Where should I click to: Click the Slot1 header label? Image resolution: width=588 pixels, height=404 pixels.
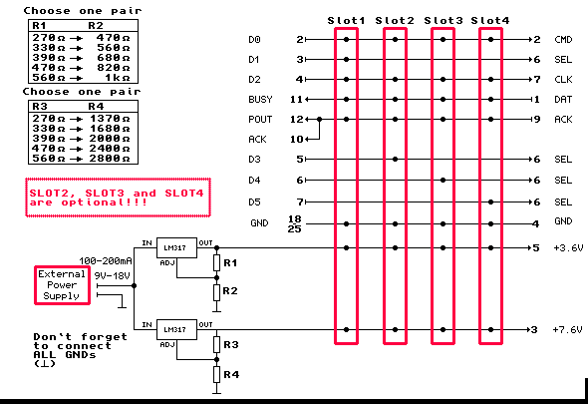[346, 20]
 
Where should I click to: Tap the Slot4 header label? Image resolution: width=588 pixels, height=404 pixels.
[490, 20]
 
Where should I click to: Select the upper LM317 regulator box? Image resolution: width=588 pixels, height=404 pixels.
[176, 247]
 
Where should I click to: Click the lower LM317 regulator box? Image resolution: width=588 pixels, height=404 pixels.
[176, 329]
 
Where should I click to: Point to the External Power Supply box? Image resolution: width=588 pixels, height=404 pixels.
[62, 285]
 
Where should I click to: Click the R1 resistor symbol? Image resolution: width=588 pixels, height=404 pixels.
[216, 262]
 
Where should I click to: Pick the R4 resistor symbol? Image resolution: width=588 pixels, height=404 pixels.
[216, 374]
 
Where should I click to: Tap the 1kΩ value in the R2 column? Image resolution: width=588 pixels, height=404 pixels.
[118, 78]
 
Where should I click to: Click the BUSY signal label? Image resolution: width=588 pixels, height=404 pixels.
[260, 99]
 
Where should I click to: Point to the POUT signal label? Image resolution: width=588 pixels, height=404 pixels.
[260, 120]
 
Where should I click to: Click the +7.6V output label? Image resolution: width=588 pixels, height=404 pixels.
[567, 329]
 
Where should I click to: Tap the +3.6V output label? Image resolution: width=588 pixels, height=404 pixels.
[568, 247]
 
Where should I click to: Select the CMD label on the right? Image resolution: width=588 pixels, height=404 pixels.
[563, 40]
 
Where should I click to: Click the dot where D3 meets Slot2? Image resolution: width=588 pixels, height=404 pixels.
[395, 160]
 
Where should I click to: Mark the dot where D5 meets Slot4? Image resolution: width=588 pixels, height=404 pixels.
[491, 202]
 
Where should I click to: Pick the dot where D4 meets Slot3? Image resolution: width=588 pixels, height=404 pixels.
[442, 181]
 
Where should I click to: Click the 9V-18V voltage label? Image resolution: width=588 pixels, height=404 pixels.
[112, 276]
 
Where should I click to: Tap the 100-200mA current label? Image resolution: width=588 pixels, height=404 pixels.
[106, 260]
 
